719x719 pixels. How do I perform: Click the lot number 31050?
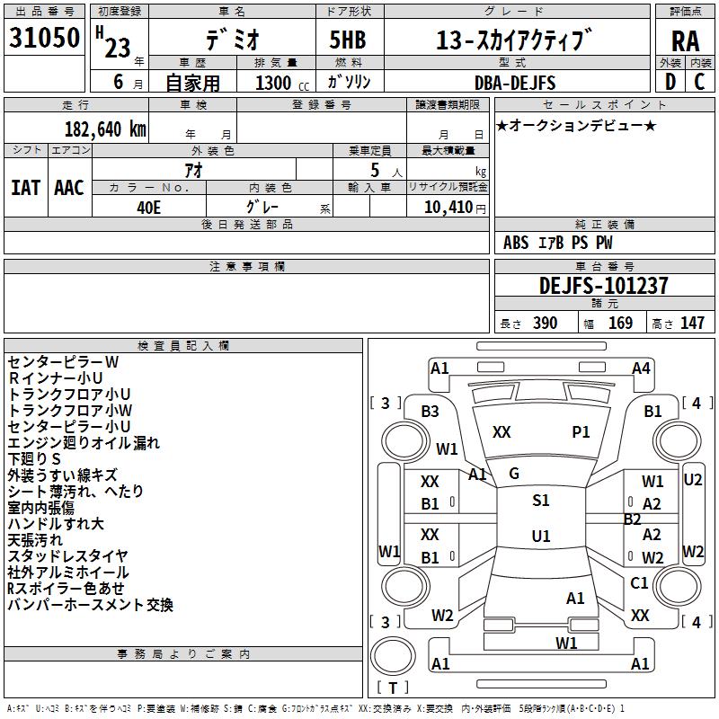pos(44,38)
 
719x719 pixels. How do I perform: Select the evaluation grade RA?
pos(686,41)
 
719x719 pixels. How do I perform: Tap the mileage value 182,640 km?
pos(105,129)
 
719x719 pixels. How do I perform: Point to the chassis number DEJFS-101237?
pos(603,286)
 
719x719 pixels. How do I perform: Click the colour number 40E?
pos(149,208)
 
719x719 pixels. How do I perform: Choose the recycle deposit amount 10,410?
pos(448,208)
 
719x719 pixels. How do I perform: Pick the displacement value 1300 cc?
pos(282,83)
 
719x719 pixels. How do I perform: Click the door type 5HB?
pos(348,40)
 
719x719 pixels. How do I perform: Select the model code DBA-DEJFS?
pos(515,83)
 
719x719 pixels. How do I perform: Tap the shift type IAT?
pos(26,188)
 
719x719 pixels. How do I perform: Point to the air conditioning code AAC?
pos(69,188)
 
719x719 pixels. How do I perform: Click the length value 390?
pos(546,323)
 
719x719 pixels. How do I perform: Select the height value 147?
pos(692,323)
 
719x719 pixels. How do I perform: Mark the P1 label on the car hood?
pos(581,432)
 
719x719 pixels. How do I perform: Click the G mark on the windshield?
pos(514,474)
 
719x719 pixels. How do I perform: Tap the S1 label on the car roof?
pos(541,501)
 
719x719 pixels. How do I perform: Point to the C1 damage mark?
pos(639,582)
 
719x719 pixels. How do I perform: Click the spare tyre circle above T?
pos(393,656)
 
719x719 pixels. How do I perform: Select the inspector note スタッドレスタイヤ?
pos(68,556)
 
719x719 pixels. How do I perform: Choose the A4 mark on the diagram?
pos(641,368)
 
